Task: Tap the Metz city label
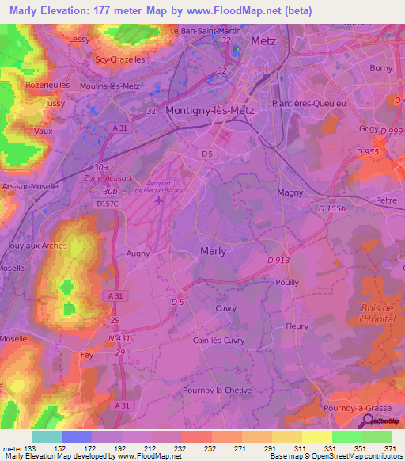pos(263,40)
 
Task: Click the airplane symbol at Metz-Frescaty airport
pos(161,200)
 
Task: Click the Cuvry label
pos(227,308)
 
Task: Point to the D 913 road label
pos(279,260)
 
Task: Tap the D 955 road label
pos(369,151)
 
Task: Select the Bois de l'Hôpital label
pos(377,313)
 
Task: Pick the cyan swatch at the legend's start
pos(46,436)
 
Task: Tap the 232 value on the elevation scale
pos(181,448)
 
